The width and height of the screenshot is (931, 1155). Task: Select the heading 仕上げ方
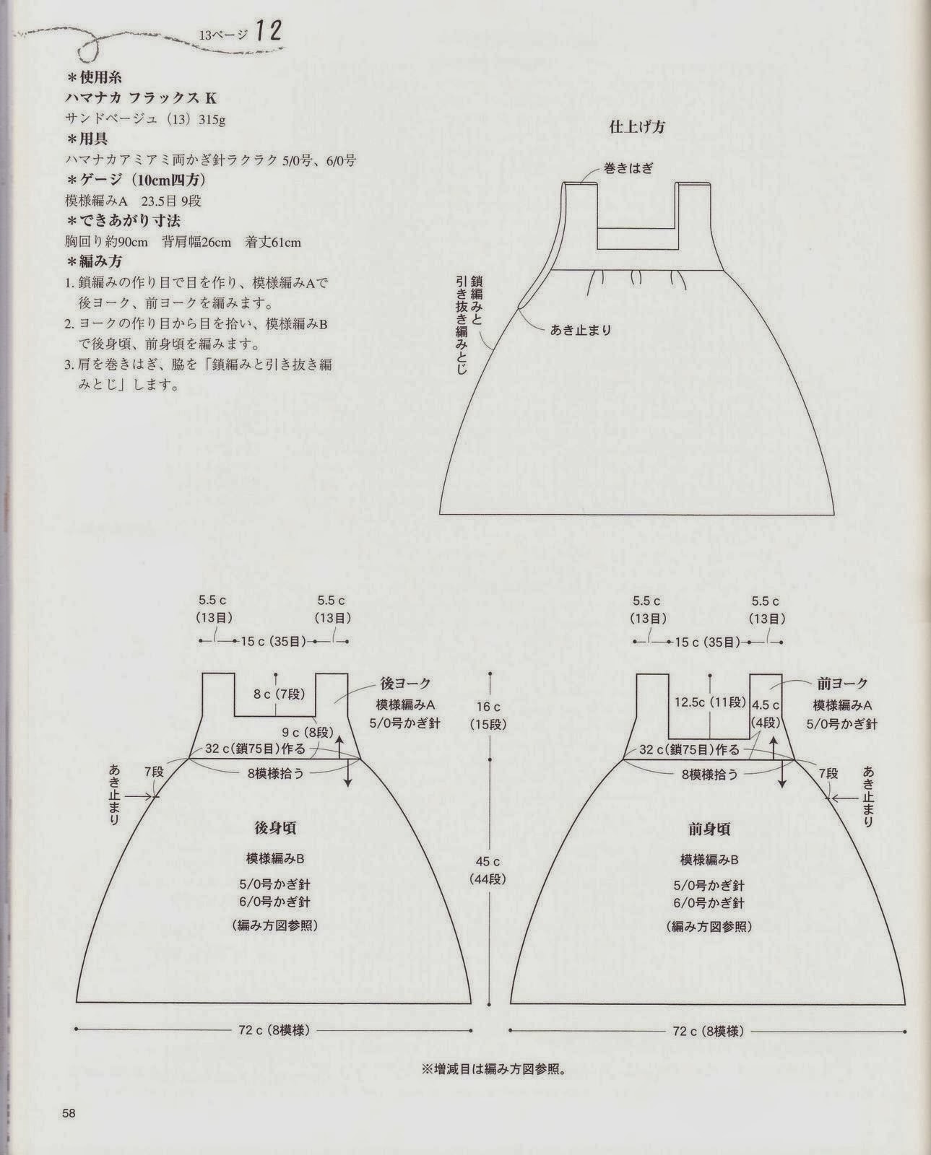637,127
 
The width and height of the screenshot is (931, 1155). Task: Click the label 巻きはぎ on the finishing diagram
628,168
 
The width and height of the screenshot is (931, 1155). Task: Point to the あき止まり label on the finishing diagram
581,330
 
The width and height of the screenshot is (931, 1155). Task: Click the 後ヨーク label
405,684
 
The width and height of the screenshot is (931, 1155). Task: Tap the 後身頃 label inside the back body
277,827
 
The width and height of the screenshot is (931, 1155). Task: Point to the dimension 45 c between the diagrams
488,861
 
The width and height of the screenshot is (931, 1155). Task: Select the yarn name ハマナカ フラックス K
140,98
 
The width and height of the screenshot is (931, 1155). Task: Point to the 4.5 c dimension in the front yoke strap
766,705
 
